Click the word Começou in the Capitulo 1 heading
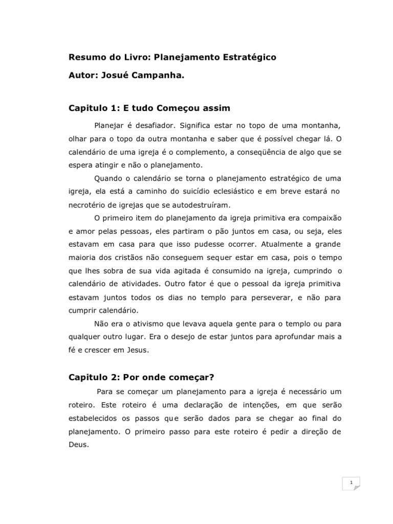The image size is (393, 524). pos(178,108)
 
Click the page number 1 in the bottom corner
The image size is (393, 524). pos(351,483)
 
